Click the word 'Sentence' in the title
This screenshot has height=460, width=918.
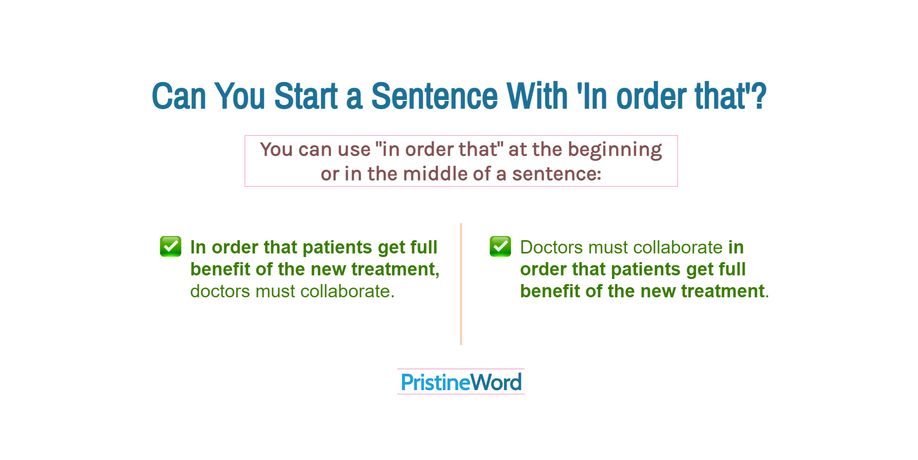434,96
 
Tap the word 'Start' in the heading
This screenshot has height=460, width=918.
306,96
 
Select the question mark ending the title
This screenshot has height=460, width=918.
759,96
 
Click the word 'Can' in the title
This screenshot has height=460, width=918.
179,96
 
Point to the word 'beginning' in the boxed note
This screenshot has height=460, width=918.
615,150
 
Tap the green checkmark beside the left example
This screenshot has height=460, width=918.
170,246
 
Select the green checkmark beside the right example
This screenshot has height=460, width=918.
500,246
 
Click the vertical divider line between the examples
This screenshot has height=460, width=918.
461,284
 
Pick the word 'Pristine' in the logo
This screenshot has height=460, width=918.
435,382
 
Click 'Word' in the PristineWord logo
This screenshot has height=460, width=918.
496,382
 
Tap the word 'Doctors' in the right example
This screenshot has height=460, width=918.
552,247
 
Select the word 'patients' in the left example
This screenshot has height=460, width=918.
337,248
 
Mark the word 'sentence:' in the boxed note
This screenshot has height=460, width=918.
557,174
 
